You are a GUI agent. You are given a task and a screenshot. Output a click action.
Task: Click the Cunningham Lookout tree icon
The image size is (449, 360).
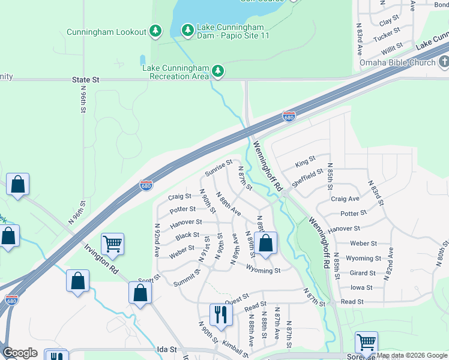pyautogui.click(x=155, y=31)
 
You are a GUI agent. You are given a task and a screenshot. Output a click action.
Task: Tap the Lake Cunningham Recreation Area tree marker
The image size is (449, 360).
pyautogui.click(x=218, y=72)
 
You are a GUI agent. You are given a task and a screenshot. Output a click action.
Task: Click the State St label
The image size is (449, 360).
pyautogui.click(x=85, y=79)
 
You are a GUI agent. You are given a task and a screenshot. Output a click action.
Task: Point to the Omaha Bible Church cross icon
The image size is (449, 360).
pyautogui.click(x=444, y=62)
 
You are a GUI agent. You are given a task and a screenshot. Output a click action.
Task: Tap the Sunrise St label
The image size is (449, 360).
pyautogui.click(x=218, y=167)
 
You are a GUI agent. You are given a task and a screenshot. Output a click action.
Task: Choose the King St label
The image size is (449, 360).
pyautogui.click(x=305, y=163)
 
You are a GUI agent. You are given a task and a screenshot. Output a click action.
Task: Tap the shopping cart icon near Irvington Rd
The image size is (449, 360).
pyautogui.click(x=112, y=244)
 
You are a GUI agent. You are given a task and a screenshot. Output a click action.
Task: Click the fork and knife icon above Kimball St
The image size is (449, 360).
pyautogui.click(x=221, y=314)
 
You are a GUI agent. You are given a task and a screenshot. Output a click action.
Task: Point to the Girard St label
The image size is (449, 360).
pyautogui.click(x=363, y=273)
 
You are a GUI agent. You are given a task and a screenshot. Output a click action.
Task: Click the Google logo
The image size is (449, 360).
pyautogui.click(x=20, y=353)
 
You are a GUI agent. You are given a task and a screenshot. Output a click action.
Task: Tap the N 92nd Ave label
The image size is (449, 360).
pyautogui.click(x=157, y=241)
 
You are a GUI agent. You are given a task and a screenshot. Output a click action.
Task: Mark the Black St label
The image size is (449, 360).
pyautogui.click(x=187, y=235)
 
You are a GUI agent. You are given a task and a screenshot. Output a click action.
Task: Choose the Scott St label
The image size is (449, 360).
pyautogui.click(x=149, y=278)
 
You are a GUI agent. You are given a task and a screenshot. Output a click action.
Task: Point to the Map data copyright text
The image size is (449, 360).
pyautogui.click(x=411, y=355)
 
